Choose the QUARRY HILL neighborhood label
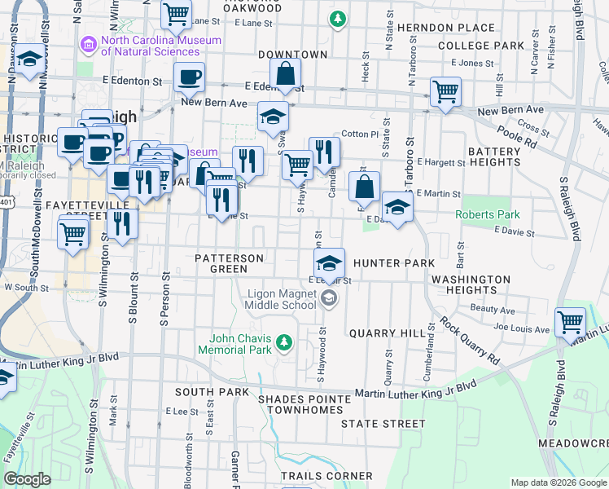(x=387, y=333)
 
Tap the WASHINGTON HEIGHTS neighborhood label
(x=471, y=284)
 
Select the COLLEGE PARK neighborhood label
(x=480, y=46)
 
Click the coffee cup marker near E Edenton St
(x=189, y=78)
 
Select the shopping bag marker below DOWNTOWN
(x=286, y=74)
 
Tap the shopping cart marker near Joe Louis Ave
(x=570, y=323)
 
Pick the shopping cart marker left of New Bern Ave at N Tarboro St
(x=445, y=93)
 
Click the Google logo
(x=28, y=479)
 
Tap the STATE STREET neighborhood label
(x=383, y=424)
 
